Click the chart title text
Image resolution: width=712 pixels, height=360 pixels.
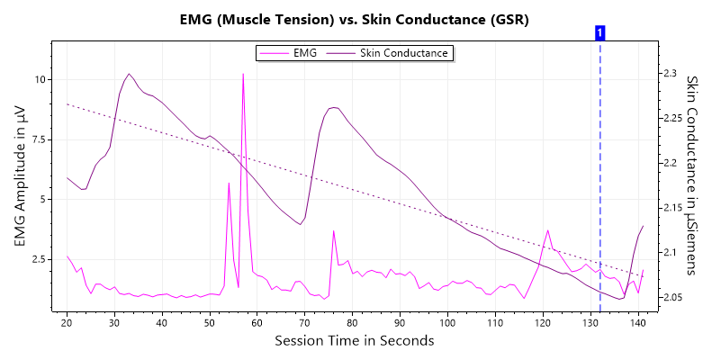pos(356,19)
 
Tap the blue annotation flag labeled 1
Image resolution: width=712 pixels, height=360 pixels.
pos(599,32)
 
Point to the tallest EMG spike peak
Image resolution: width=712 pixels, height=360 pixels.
pos(243,74)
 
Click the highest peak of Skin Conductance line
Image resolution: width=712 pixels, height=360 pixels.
pos(129,74)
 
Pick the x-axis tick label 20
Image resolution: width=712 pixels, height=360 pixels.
pos(68,322)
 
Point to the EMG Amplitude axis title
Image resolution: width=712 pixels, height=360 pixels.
pos(19,176)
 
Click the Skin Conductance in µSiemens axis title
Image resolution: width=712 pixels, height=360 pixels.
pos(693,175)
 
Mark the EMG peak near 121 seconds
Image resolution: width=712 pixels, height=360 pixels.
pos(547,230)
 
